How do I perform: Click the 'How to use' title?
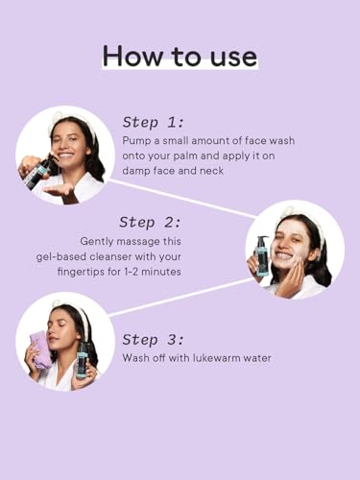(x=180, y=57)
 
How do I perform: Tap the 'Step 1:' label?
(x=154, y=123)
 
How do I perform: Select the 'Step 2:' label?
(x=150, y=223)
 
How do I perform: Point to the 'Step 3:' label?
(x=154, y=340)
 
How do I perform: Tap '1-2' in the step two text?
(x=131, y=272)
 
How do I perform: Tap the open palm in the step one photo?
(x=59, y=191)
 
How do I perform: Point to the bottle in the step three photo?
(x=82, y=360)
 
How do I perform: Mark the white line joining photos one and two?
(x=182, y=199)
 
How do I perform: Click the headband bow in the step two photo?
(x=286, y=211)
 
